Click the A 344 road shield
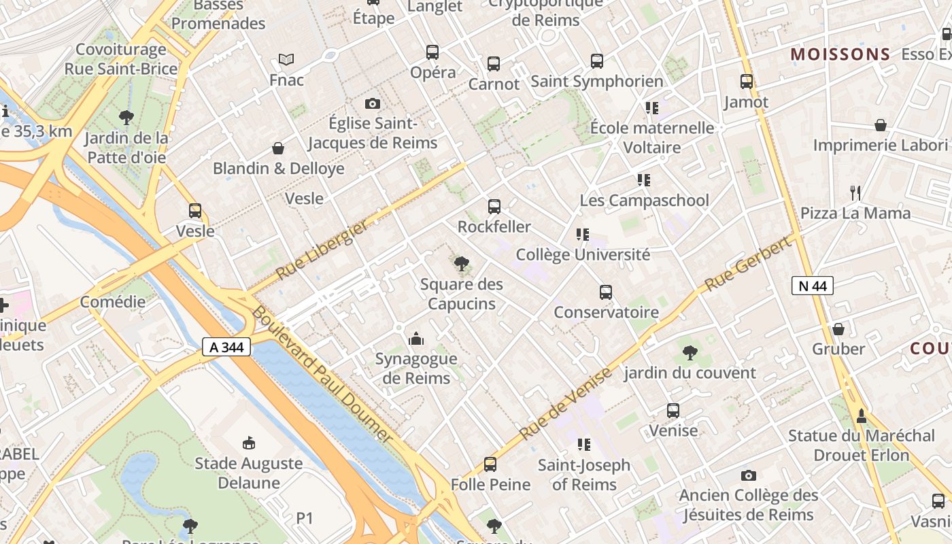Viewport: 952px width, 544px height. tap(226, 347)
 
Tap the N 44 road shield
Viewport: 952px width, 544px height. tap(812, 286)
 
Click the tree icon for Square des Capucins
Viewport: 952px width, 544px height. tap(462, 263)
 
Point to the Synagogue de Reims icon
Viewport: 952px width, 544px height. tap(416, 339)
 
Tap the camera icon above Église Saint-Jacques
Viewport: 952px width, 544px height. tap(372, 104)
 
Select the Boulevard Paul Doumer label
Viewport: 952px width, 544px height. tap(323, 374)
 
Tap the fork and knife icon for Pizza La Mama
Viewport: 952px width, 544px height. tap(855, 193)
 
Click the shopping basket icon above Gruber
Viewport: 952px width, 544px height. tap(838, 329)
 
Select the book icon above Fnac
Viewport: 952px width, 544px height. tap(286, 60)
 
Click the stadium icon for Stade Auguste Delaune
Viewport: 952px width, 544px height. tap(248, 443)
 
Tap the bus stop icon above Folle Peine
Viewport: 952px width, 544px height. tap(490, 464)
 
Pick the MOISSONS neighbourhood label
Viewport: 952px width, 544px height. tap(840, 54)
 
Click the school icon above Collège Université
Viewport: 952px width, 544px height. tap(583, 235)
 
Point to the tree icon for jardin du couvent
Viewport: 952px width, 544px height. tap(690, 352)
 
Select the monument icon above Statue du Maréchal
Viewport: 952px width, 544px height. tap(862, 415)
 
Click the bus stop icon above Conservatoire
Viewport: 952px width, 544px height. tap(606, 292)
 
